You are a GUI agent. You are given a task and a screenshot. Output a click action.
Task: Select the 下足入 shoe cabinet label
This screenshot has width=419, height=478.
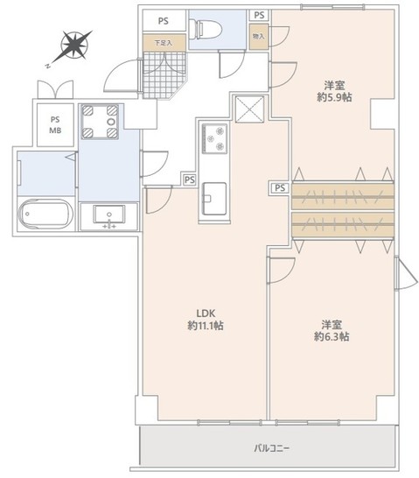tap(163, 41)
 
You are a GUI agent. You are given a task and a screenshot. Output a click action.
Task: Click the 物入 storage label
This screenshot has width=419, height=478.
tap(258, 36)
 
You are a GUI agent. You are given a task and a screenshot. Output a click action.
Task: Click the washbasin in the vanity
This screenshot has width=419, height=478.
tap(109, 214)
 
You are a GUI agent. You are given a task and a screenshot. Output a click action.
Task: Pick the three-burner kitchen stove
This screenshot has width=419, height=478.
tap(214, 138)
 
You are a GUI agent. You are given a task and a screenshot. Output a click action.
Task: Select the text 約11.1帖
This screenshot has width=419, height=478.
tap(205, 326)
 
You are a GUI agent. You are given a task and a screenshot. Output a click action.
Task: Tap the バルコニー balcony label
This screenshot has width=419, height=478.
tap(272, 448)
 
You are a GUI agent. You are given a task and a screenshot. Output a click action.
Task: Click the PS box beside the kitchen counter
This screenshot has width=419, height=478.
tap(189, 179)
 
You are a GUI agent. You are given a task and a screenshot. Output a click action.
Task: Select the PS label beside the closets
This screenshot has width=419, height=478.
tap(279, 187)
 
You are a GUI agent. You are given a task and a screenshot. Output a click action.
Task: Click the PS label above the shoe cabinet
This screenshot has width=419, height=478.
tap(164, 21)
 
